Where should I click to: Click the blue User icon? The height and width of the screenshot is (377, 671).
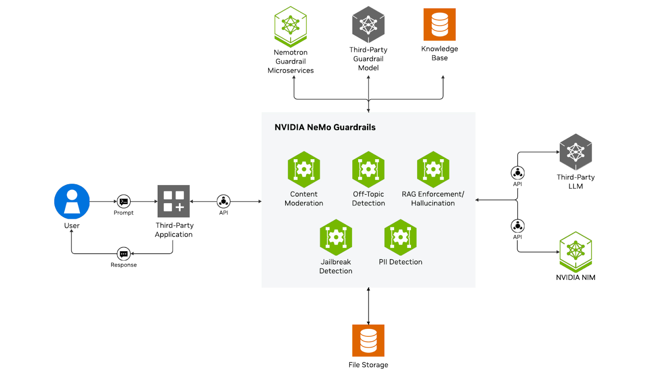coord(72,201)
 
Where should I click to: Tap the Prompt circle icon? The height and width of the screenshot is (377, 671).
coord(124,201)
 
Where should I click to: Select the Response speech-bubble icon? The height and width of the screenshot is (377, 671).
coord(124,254)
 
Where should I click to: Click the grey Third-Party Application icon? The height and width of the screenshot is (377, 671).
coord(174,201)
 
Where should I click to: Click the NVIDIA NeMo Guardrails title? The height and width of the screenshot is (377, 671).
coord(325,127)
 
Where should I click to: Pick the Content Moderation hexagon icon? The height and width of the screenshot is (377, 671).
coord(304,169)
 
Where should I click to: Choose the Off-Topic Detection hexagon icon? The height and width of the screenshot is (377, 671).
coord(368,169)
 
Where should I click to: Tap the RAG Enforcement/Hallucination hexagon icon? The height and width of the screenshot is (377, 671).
coord(433,169)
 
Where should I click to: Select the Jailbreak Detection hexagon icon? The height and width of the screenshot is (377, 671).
coord(336,237)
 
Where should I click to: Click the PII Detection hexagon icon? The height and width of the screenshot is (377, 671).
coord(401,237)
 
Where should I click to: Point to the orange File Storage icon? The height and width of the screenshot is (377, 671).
coord(368,341)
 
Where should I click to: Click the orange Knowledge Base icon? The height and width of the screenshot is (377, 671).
coord(440,25)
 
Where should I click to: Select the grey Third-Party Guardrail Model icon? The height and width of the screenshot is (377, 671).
coord(368,25)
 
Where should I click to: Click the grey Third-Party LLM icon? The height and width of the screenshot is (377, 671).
coord(576,152)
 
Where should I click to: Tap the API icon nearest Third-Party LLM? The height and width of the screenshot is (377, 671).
coord(518,173)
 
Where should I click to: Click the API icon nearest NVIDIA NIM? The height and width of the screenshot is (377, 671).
coord(518,226)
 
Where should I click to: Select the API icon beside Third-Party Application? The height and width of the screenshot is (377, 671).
coord(224,201)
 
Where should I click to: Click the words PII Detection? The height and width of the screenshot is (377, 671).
coord(401,262)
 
